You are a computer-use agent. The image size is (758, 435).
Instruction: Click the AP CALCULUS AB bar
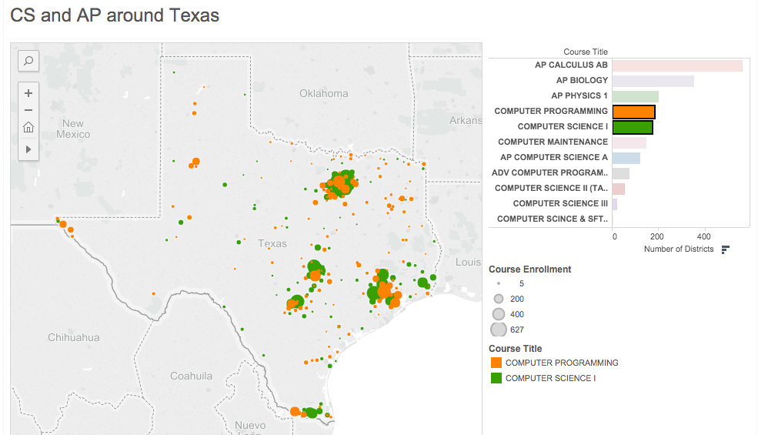click(677, 65)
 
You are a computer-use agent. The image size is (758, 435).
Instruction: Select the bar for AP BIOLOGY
click(653, 81)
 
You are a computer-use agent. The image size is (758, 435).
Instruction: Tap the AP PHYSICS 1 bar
click(635, 96)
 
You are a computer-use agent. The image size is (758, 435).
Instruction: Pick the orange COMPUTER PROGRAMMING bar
click(633, 112)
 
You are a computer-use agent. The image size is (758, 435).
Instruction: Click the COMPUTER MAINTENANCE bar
click(629, 142)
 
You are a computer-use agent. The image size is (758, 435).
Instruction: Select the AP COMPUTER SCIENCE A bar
click(626, 158)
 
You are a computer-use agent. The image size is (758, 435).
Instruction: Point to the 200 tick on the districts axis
click(657, 236)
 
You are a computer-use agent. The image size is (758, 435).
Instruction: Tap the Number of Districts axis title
click(678, 249)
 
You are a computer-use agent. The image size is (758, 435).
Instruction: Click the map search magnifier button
click(28, 61)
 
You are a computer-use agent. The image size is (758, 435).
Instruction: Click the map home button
click(28, 127)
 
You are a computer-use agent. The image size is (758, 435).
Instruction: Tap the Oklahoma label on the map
click(323, 93)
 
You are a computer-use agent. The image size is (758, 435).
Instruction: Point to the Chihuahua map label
click(73, 337)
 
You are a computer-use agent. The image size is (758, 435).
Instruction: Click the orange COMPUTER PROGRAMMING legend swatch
click(496, 363)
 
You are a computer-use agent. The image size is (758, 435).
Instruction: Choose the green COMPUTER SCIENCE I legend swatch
click(496, 378)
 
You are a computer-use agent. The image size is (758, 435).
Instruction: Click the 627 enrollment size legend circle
click(499, 330)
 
